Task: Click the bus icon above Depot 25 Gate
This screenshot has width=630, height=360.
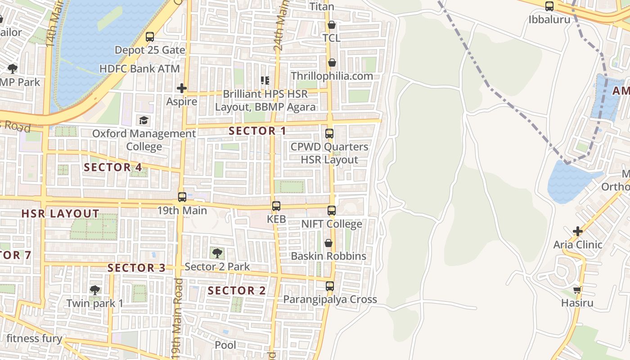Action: pos(150,37)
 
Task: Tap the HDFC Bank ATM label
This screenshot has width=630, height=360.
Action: pos(139,69)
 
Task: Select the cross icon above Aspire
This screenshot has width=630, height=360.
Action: pos(182,88)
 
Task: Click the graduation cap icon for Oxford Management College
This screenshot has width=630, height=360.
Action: pos(144,121)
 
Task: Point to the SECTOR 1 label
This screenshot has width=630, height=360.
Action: pos(257,131)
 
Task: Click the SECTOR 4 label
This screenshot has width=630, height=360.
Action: pos(113,167)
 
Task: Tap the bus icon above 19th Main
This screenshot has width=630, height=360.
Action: pos(182,197)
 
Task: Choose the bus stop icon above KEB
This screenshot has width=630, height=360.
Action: pos(276,206)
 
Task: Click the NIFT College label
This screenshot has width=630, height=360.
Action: pos(332,224)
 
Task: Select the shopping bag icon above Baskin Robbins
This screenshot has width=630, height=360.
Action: pos(328,243)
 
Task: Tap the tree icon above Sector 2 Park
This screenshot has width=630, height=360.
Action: pos(217,253)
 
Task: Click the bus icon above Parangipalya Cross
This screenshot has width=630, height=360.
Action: pos(330,286)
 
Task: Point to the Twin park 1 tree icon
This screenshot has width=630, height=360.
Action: pos(94,290)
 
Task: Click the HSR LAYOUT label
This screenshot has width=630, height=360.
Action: pos(60,213)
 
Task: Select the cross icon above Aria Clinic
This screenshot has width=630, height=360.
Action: pos(578,232)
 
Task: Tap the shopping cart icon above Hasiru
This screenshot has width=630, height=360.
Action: pos(577,290)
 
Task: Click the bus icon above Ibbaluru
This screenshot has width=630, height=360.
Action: pos(549,6)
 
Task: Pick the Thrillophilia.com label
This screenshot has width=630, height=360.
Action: pos(332,76)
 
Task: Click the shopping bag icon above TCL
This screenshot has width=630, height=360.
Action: pos(332,25)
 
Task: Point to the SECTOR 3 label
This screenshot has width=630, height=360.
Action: pos(137,268)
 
